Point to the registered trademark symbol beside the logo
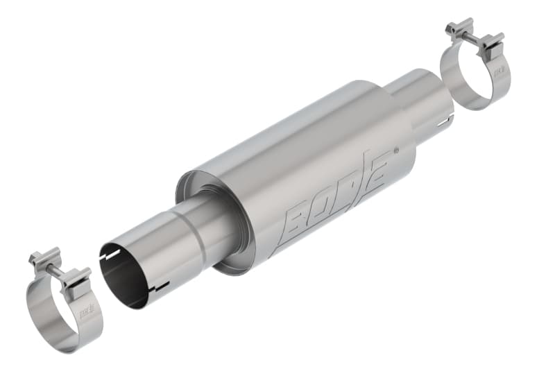point(395,149)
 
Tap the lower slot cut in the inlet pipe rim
point(161,287)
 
